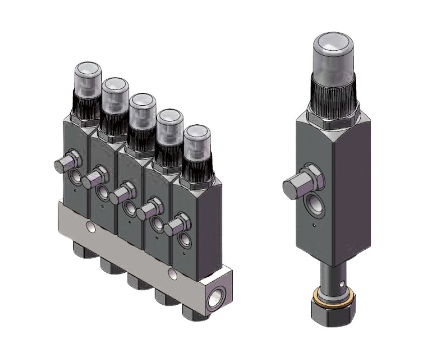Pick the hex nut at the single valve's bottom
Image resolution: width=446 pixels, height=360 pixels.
pos(333,311)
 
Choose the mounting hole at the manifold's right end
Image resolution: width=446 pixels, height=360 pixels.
pos(173,274)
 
